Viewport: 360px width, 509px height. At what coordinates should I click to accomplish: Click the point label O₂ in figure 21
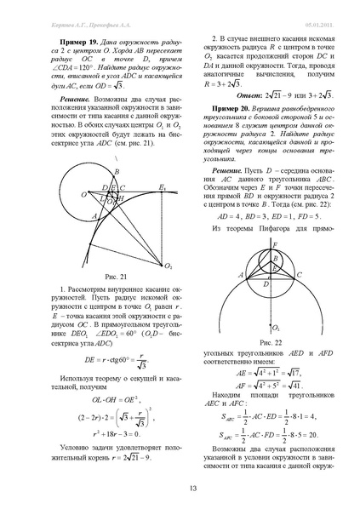[x=169, y=265]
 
